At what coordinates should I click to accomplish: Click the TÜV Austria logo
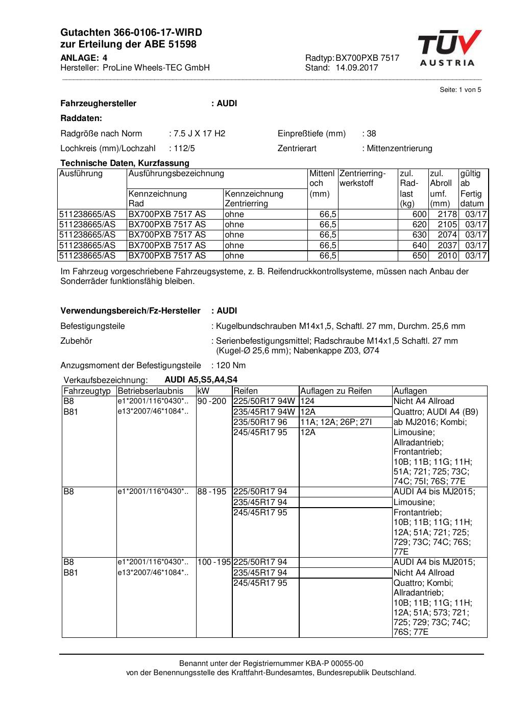pos(449,48)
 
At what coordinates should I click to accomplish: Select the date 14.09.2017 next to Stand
pos(357,67)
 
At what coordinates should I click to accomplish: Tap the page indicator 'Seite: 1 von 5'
pos(460,90)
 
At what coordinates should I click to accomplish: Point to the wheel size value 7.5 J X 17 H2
pos(199,134)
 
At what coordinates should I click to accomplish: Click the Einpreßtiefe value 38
pos(371,134)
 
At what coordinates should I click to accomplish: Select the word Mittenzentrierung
pos(399,149)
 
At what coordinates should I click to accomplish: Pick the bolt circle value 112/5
pos(184,149)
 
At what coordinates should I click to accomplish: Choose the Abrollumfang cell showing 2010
pos(447,256)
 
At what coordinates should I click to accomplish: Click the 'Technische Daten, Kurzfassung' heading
pos(125,163)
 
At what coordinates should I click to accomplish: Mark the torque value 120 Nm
pos(231,366)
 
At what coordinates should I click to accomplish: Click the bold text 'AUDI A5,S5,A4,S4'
pos(201,380)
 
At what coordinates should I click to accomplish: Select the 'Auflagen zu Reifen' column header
pos(335,391)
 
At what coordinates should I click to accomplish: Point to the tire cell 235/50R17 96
pos(260,422)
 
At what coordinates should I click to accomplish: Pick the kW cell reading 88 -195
pos(211,492)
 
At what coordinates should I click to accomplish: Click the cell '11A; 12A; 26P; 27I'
pos(336,422)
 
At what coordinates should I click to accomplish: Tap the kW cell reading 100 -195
pos(214,562)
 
